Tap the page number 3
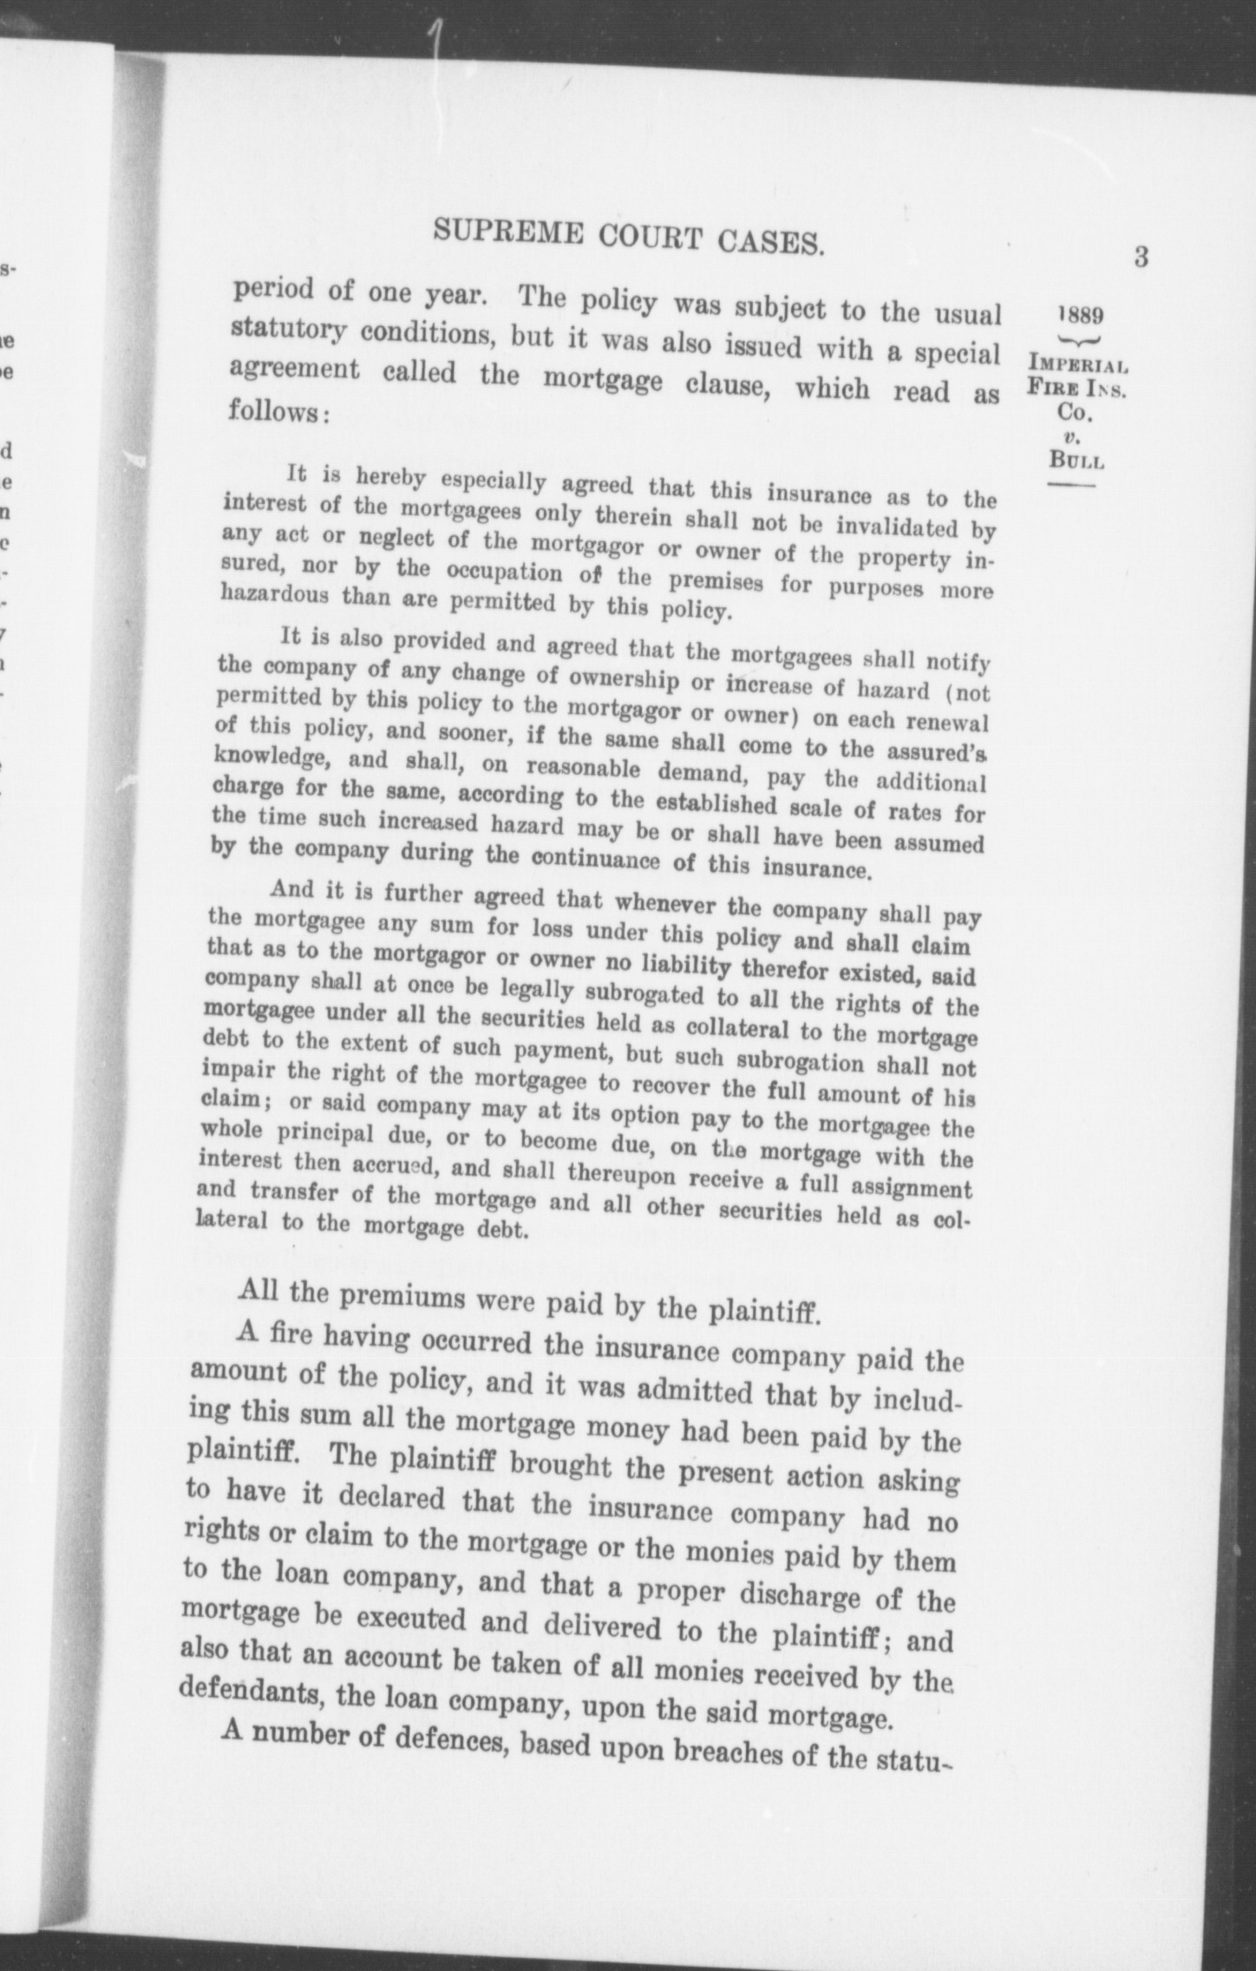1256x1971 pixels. tap(1141, 258)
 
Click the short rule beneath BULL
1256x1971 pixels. tap(1071, 485)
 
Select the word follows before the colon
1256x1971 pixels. tap(275, 410)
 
